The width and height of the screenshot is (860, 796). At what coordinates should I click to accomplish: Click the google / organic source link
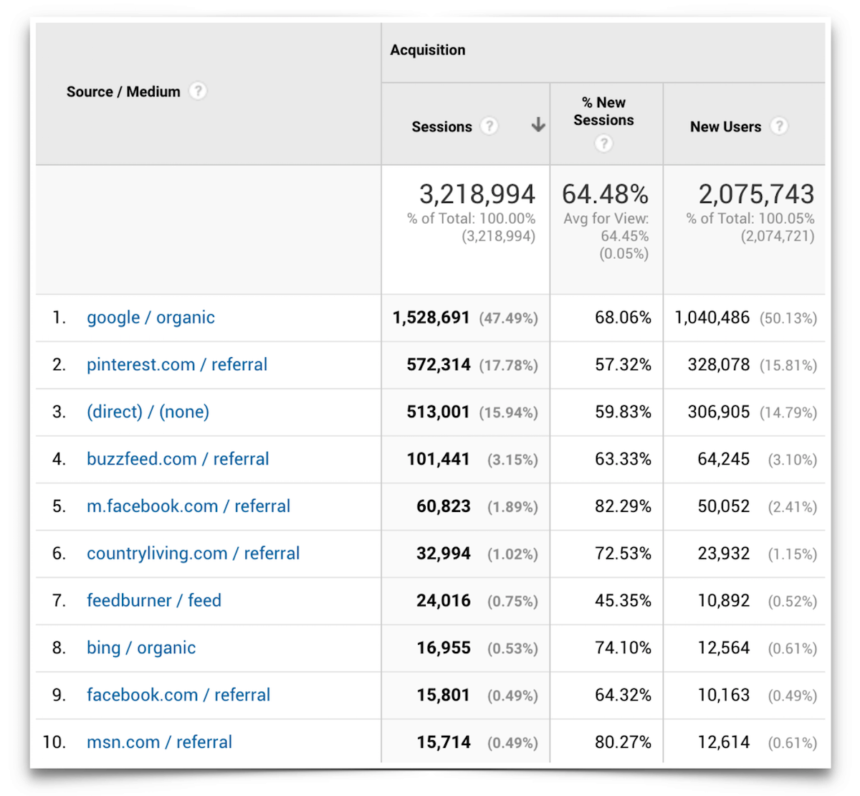[150, 318]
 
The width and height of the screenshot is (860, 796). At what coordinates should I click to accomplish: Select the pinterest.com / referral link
[176, 365]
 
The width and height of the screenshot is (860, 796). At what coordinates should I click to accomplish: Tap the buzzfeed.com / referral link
[178, 459]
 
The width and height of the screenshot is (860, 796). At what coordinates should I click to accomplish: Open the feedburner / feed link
[154, 600]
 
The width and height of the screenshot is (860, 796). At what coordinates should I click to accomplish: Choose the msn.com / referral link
[159, 742]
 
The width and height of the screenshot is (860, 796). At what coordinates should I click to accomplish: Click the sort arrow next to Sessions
[538, 126]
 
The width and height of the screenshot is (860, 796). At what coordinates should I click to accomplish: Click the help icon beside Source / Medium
[198, 91]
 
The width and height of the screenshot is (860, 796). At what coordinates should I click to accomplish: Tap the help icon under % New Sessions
[604, 143]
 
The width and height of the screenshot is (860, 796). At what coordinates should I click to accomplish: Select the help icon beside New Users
[779, 126]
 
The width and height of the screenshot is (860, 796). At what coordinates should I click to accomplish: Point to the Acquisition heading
[428, 50]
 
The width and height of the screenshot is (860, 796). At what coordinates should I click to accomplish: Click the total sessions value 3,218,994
[477, 194]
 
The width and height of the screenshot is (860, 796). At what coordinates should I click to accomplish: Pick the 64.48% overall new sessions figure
[605, 194]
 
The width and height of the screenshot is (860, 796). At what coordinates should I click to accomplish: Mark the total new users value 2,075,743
[756, 194]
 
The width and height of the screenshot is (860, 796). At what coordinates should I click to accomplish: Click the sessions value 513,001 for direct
[438, 412]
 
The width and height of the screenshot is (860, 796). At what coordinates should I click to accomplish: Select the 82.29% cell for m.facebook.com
[623, 506]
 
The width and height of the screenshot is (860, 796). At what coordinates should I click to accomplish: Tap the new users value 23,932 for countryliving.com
[723, 554]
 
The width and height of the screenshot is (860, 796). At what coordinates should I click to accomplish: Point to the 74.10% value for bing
[623, 648]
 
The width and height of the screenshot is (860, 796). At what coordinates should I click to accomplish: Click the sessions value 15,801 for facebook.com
[443, 696]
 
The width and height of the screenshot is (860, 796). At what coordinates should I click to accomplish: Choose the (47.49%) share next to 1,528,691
[508, 318]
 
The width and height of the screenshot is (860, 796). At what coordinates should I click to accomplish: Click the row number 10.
[54, 742]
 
